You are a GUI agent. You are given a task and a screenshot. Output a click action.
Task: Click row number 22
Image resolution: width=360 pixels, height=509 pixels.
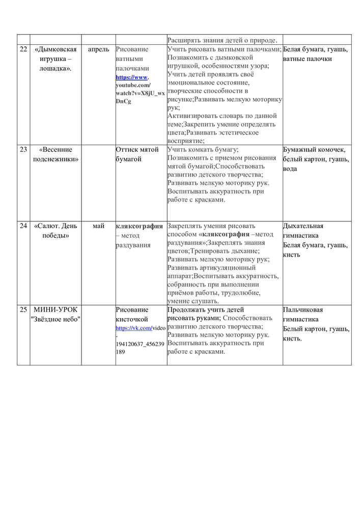23,49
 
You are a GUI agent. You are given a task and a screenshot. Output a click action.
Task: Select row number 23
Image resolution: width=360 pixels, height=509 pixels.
23,150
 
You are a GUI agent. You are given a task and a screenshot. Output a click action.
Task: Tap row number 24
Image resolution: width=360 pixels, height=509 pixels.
23,226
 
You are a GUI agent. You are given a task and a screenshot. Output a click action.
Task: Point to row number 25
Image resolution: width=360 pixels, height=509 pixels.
23,309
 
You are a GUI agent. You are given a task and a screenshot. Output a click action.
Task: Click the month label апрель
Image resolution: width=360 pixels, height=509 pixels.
98,49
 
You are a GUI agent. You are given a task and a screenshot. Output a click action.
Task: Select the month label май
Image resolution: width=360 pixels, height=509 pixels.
98,226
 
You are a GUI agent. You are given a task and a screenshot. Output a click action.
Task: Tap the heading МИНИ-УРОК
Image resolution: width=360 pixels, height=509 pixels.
56,309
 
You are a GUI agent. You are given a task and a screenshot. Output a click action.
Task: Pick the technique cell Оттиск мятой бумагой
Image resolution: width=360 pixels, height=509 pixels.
137,154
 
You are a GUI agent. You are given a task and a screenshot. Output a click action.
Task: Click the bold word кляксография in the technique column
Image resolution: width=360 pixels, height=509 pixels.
140,226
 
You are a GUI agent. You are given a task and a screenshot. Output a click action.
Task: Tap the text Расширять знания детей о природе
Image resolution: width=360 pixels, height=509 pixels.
223,40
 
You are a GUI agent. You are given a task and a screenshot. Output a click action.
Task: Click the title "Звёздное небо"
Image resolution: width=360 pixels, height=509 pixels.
56,319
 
